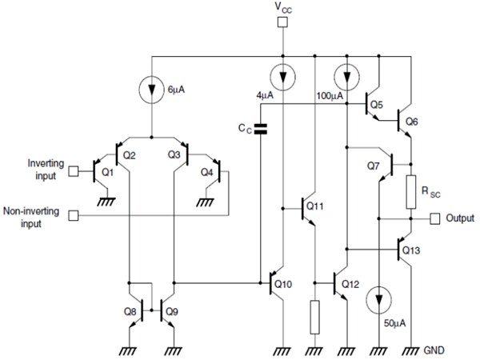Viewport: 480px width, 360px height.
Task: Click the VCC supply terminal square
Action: (282, 22)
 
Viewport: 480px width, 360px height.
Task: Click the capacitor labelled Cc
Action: (258, 128)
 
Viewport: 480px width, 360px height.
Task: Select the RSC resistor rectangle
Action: (410, 190)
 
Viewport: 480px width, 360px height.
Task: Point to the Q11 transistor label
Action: (314, 206)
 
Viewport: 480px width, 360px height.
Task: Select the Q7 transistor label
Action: (373, 166)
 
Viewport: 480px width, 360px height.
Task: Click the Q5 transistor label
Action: (378, 105)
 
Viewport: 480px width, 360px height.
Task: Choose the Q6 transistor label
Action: (411, 121)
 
